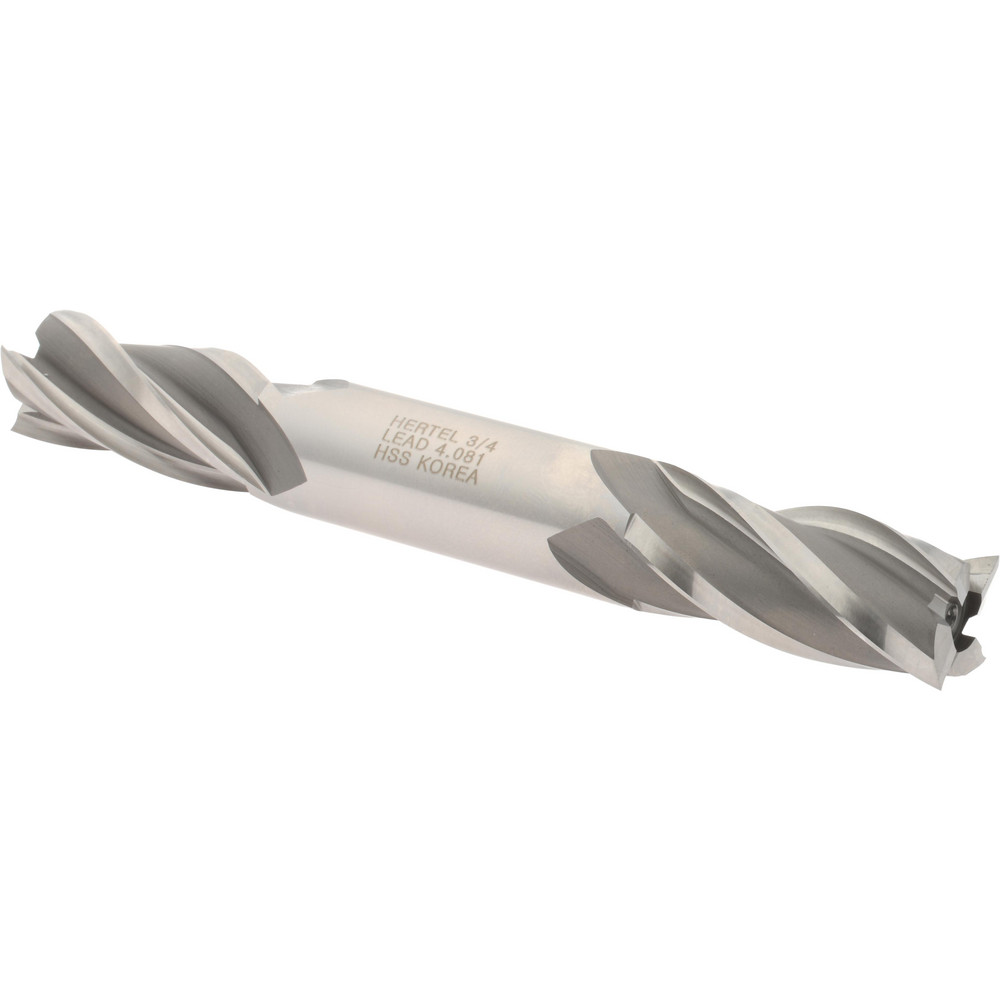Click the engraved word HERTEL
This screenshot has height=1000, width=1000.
click(421, 426)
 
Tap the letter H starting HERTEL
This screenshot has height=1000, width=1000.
click(396, 421)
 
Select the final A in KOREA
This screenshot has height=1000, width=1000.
click(470, 477)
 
